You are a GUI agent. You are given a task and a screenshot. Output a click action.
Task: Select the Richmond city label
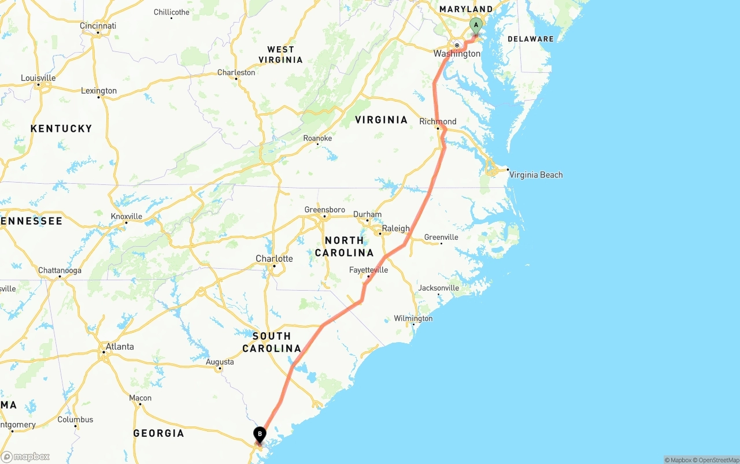pos(438,121)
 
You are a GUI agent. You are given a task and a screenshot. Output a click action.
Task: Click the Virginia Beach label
pos(536,175)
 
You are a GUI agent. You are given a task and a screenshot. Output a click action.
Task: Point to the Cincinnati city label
pos(98,25)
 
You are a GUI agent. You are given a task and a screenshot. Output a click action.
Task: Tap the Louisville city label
pos(38,78)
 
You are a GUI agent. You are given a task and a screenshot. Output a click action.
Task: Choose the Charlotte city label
pos(274,258)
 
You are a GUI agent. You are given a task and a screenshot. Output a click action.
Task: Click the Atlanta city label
pos(119,347)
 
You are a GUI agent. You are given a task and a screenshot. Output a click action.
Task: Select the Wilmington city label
pos(413,318)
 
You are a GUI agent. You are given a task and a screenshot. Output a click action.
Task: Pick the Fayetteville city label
pos(368,270)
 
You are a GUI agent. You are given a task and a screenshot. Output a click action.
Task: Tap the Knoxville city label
pos(126,216)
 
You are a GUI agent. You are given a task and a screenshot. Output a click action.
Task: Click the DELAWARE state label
pos(530,39)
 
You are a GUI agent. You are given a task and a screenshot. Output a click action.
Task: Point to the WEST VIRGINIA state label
pos(280,54)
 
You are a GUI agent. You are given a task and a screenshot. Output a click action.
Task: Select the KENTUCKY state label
pos(61,128)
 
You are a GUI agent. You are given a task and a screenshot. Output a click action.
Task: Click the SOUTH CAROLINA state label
pos(272,342)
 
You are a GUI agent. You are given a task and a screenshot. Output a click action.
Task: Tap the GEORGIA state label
pos(158,433)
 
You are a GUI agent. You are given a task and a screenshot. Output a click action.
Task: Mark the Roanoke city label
pos(317,138)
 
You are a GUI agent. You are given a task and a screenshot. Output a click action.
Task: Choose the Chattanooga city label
pos(60,270)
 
